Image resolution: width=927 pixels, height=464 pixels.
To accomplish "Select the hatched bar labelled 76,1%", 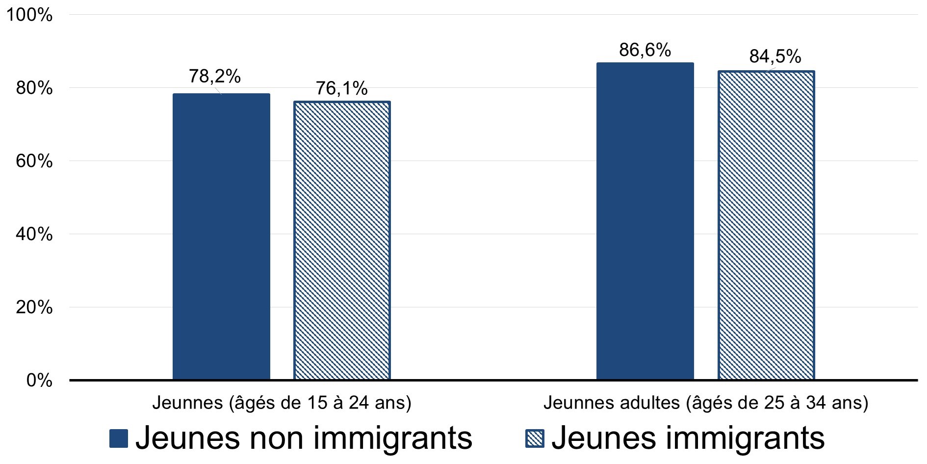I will coord(342,241).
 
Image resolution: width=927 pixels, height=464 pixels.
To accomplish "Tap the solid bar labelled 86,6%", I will coord(645,221).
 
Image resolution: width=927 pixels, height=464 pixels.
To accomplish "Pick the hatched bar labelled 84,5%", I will coord(766,225).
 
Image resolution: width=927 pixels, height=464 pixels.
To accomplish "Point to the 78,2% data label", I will coord(215,76).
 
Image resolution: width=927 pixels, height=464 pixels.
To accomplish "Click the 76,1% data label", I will coord(341,88).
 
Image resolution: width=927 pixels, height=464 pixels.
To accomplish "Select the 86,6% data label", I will coord(645,50).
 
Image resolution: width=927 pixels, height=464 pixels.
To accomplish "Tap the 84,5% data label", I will coord(775,57).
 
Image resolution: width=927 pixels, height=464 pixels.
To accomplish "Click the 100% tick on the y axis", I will coord(29,15).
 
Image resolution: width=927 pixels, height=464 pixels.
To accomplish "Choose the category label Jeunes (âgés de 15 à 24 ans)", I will coord(282,403).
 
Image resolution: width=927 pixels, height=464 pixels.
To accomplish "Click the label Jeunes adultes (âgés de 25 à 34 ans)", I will coord(706,403).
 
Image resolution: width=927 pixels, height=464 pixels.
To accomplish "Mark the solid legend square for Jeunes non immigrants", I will coord(119,438).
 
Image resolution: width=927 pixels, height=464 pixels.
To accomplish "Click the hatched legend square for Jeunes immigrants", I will coord(535,438).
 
